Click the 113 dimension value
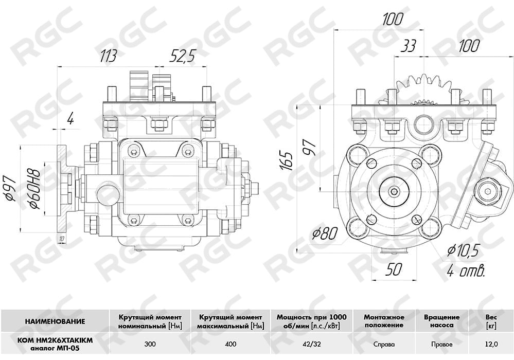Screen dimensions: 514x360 pyautogui.click(x=108, y=56)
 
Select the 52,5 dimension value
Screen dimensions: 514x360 pyautogui.click(x=182, y=56)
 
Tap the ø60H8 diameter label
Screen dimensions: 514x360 pyautogui.click(x=35, y=189)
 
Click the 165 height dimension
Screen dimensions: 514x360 pyautogui.click(x=287, y=160)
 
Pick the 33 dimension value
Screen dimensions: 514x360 pyautogui.click(x=409, y=46)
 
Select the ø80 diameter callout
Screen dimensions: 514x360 pyautogui.click(x=325, y=233)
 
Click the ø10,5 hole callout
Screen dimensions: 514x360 pyautogui.click(x=464, y=250)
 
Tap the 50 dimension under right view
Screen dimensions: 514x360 pyautogui.click(x=394, y=269)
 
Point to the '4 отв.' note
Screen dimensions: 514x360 pyautogui.click(x=466, y=271)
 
